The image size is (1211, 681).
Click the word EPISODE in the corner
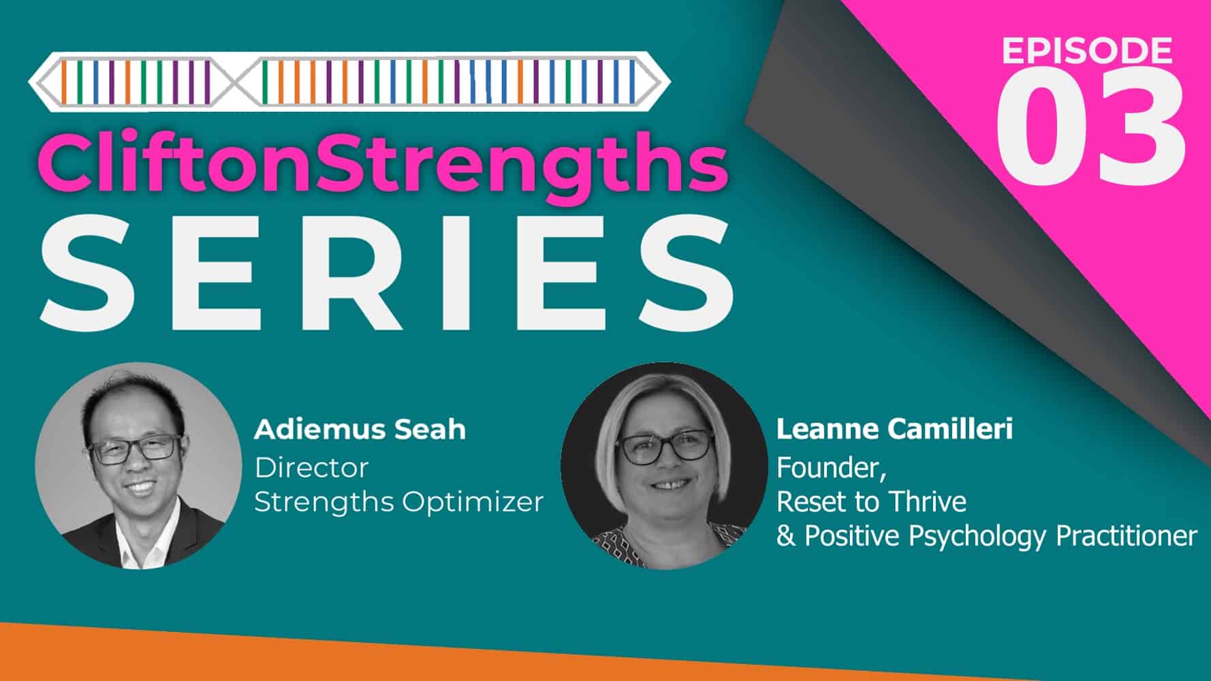1087,50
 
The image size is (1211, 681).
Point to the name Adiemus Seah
360,430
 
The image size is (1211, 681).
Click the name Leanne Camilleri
894,430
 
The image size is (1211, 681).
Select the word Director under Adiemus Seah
311,468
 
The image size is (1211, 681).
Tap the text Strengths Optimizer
398,503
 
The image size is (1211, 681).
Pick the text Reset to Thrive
871,503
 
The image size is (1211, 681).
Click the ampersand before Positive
785,537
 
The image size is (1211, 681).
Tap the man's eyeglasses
135,449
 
